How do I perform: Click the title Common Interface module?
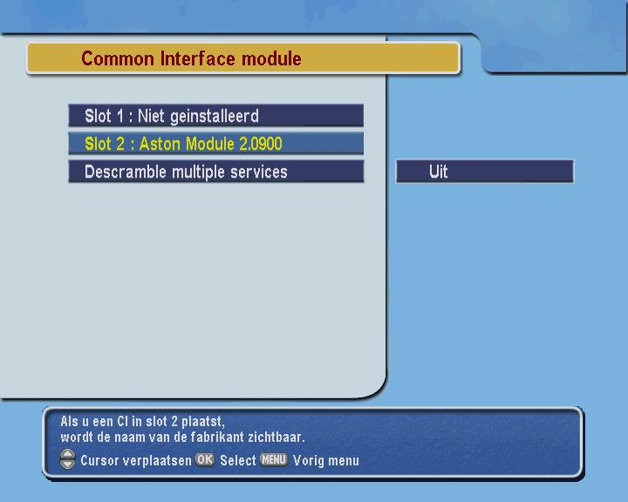click(x=191, y=58)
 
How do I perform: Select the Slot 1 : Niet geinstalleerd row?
click(x=216, y=116)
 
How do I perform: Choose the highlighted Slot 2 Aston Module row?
click(x=216, y=144)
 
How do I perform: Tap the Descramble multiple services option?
click(x=216, y=172)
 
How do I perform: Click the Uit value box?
click(x=485, y=172)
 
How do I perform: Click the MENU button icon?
click(x=274, y=459)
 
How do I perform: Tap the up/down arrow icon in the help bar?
click(x=67, y=459)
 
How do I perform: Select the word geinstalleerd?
click(x=215, y=117)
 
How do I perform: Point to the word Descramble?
click(x=126, y=172)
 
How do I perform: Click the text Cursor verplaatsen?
click(x=136, y=460)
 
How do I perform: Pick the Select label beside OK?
click(x=238, y=460)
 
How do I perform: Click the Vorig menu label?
click(x=326, y=460)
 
